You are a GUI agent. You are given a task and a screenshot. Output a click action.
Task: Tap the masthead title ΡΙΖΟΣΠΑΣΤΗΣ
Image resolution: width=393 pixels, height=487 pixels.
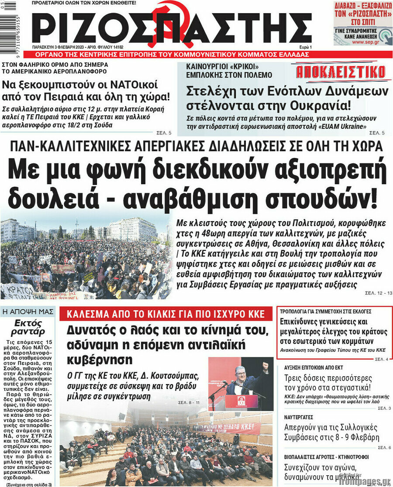click(172, 27)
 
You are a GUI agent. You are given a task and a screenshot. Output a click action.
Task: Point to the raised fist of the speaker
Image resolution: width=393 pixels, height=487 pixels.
click(265, 365)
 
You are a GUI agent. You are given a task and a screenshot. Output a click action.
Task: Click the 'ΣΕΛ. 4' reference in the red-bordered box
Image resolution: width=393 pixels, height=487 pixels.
click(381, 359)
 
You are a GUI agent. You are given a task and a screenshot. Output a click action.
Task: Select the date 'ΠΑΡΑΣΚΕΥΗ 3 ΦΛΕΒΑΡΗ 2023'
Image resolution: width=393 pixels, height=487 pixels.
click(60, 47)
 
